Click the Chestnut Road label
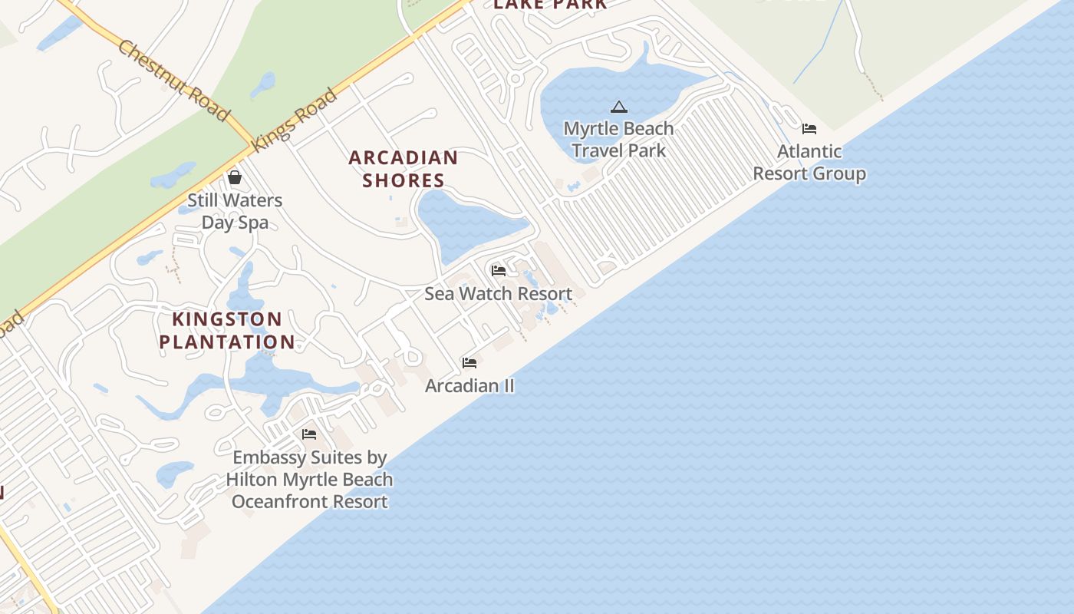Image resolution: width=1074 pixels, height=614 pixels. [173, 81]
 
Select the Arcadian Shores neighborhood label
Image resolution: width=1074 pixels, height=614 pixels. [404, 169]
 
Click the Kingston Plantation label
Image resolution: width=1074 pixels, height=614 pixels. [227, 331]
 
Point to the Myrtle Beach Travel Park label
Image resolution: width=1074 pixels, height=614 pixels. [618, 139]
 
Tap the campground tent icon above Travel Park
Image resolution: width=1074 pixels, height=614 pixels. [618, 107]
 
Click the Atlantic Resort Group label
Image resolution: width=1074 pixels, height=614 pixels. [809, 162]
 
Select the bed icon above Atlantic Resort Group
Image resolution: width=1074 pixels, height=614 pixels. [809, 128]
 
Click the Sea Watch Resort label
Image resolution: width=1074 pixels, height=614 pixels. [499, 294]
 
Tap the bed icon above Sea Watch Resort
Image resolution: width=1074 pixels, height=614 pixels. [499, 270]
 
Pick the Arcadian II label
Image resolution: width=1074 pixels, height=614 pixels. [469, 385]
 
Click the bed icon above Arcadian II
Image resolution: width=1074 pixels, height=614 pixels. [469, 362]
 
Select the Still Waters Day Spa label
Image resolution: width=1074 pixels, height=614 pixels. [235, 211]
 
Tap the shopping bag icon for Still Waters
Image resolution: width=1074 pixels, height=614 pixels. [235, 177]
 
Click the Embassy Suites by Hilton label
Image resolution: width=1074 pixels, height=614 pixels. [309, 480]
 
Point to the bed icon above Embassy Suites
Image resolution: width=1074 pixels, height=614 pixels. [309, 434]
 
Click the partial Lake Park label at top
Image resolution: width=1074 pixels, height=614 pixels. [550, 5]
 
